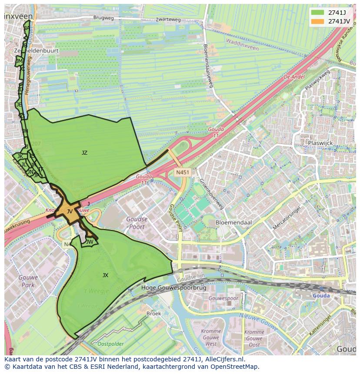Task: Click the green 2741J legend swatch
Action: click(x=317, y=12)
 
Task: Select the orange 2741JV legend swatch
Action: click(x=317, y=21)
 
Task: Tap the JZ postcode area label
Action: click(x=84, y=152)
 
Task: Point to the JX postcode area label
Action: click(x=105, y=275)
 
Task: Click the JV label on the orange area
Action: click(x=70, y=212)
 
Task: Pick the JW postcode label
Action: click(x=90, y=242)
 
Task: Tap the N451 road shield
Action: click(x=183, y=172)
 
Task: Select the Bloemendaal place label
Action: click(x=234, y=222)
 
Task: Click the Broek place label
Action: click(x=153, y=314)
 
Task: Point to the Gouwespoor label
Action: click(x=223, y=299)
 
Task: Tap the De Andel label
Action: click(x=294, y=76)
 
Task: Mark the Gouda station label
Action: click(x=321, y=296)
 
